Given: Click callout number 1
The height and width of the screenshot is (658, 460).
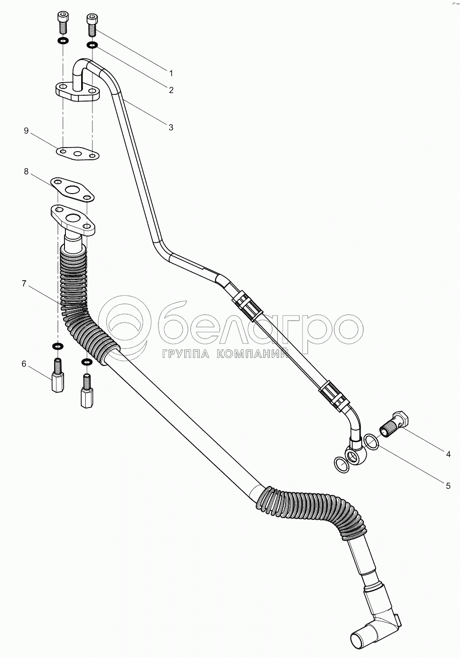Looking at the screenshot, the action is [x=171, y=73].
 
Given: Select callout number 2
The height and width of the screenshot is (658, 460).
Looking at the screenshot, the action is [x=171, y=90].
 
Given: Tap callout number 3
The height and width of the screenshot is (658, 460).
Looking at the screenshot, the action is [x=171, y=127].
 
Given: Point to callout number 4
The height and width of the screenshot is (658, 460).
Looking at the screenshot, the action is [x=448, y=454].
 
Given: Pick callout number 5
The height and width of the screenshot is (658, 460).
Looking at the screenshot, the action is [x=448, y=486].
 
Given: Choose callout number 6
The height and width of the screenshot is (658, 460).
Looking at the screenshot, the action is [x=24, y=364].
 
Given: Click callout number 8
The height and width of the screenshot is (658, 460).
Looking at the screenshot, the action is [x=26, y=171].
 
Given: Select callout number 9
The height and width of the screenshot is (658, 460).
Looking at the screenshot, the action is [x=26, y=131].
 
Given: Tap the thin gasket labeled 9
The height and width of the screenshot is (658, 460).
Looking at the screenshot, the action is [x=78, y=153].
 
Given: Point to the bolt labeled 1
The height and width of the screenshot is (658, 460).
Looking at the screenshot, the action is [x=92, y=25].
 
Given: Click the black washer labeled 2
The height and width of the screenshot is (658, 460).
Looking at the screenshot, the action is [x=92, y=45].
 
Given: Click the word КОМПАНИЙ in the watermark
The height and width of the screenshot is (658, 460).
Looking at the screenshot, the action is [x=253, y=355].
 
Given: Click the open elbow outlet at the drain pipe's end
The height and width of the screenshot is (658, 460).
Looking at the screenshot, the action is [x=360, y=640].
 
